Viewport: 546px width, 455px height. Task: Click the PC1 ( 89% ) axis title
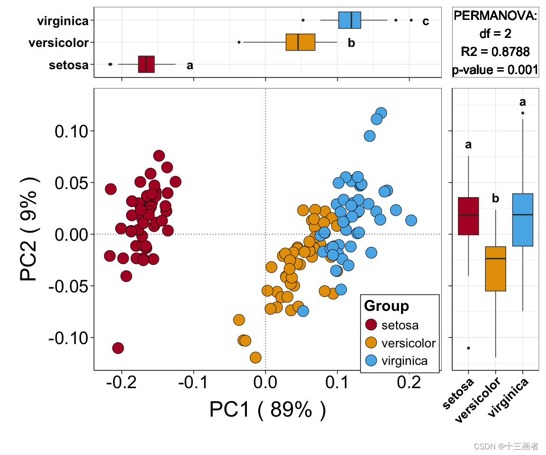point(267,410)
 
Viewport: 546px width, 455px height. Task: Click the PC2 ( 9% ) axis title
point(29,229)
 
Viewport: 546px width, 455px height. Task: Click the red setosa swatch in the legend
point(372,325)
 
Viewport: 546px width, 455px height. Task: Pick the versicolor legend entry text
point(408,343)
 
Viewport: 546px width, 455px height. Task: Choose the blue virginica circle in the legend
point(372,361)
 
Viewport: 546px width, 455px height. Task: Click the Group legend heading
point(386,306)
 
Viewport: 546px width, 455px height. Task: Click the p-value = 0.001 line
point(495,70)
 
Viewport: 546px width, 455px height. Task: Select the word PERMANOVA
point(495,16)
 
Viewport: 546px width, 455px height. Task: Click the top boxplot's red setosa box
point(146,64)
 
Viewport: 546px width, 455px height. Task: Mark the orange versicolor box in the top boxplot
point(300,42)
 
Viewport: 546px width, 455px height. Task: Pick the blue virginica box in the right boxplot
point(523,219)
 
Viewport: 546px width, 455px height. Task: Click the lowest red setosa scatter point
point(118,348)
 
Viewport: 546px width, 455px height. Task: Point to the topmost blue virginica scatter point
point(381,113)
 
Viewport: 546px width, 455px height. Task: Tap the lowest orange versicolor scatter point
point(255,357)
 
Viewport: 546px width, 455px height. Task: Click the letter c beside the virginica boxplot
point(426,21)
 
